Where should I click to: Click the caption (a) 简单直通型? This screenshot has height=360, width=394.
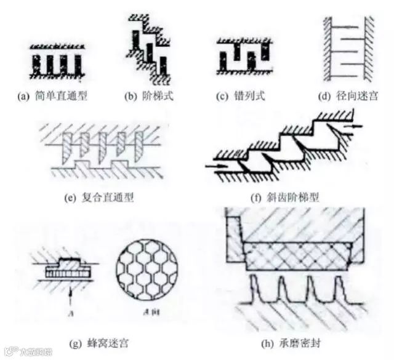pos(55,97)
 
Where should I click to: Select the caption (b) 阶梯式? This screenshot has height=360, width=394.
pos(150,97)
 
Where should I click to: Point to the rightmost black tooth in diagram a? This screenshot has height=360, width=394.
pos(78,63)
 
